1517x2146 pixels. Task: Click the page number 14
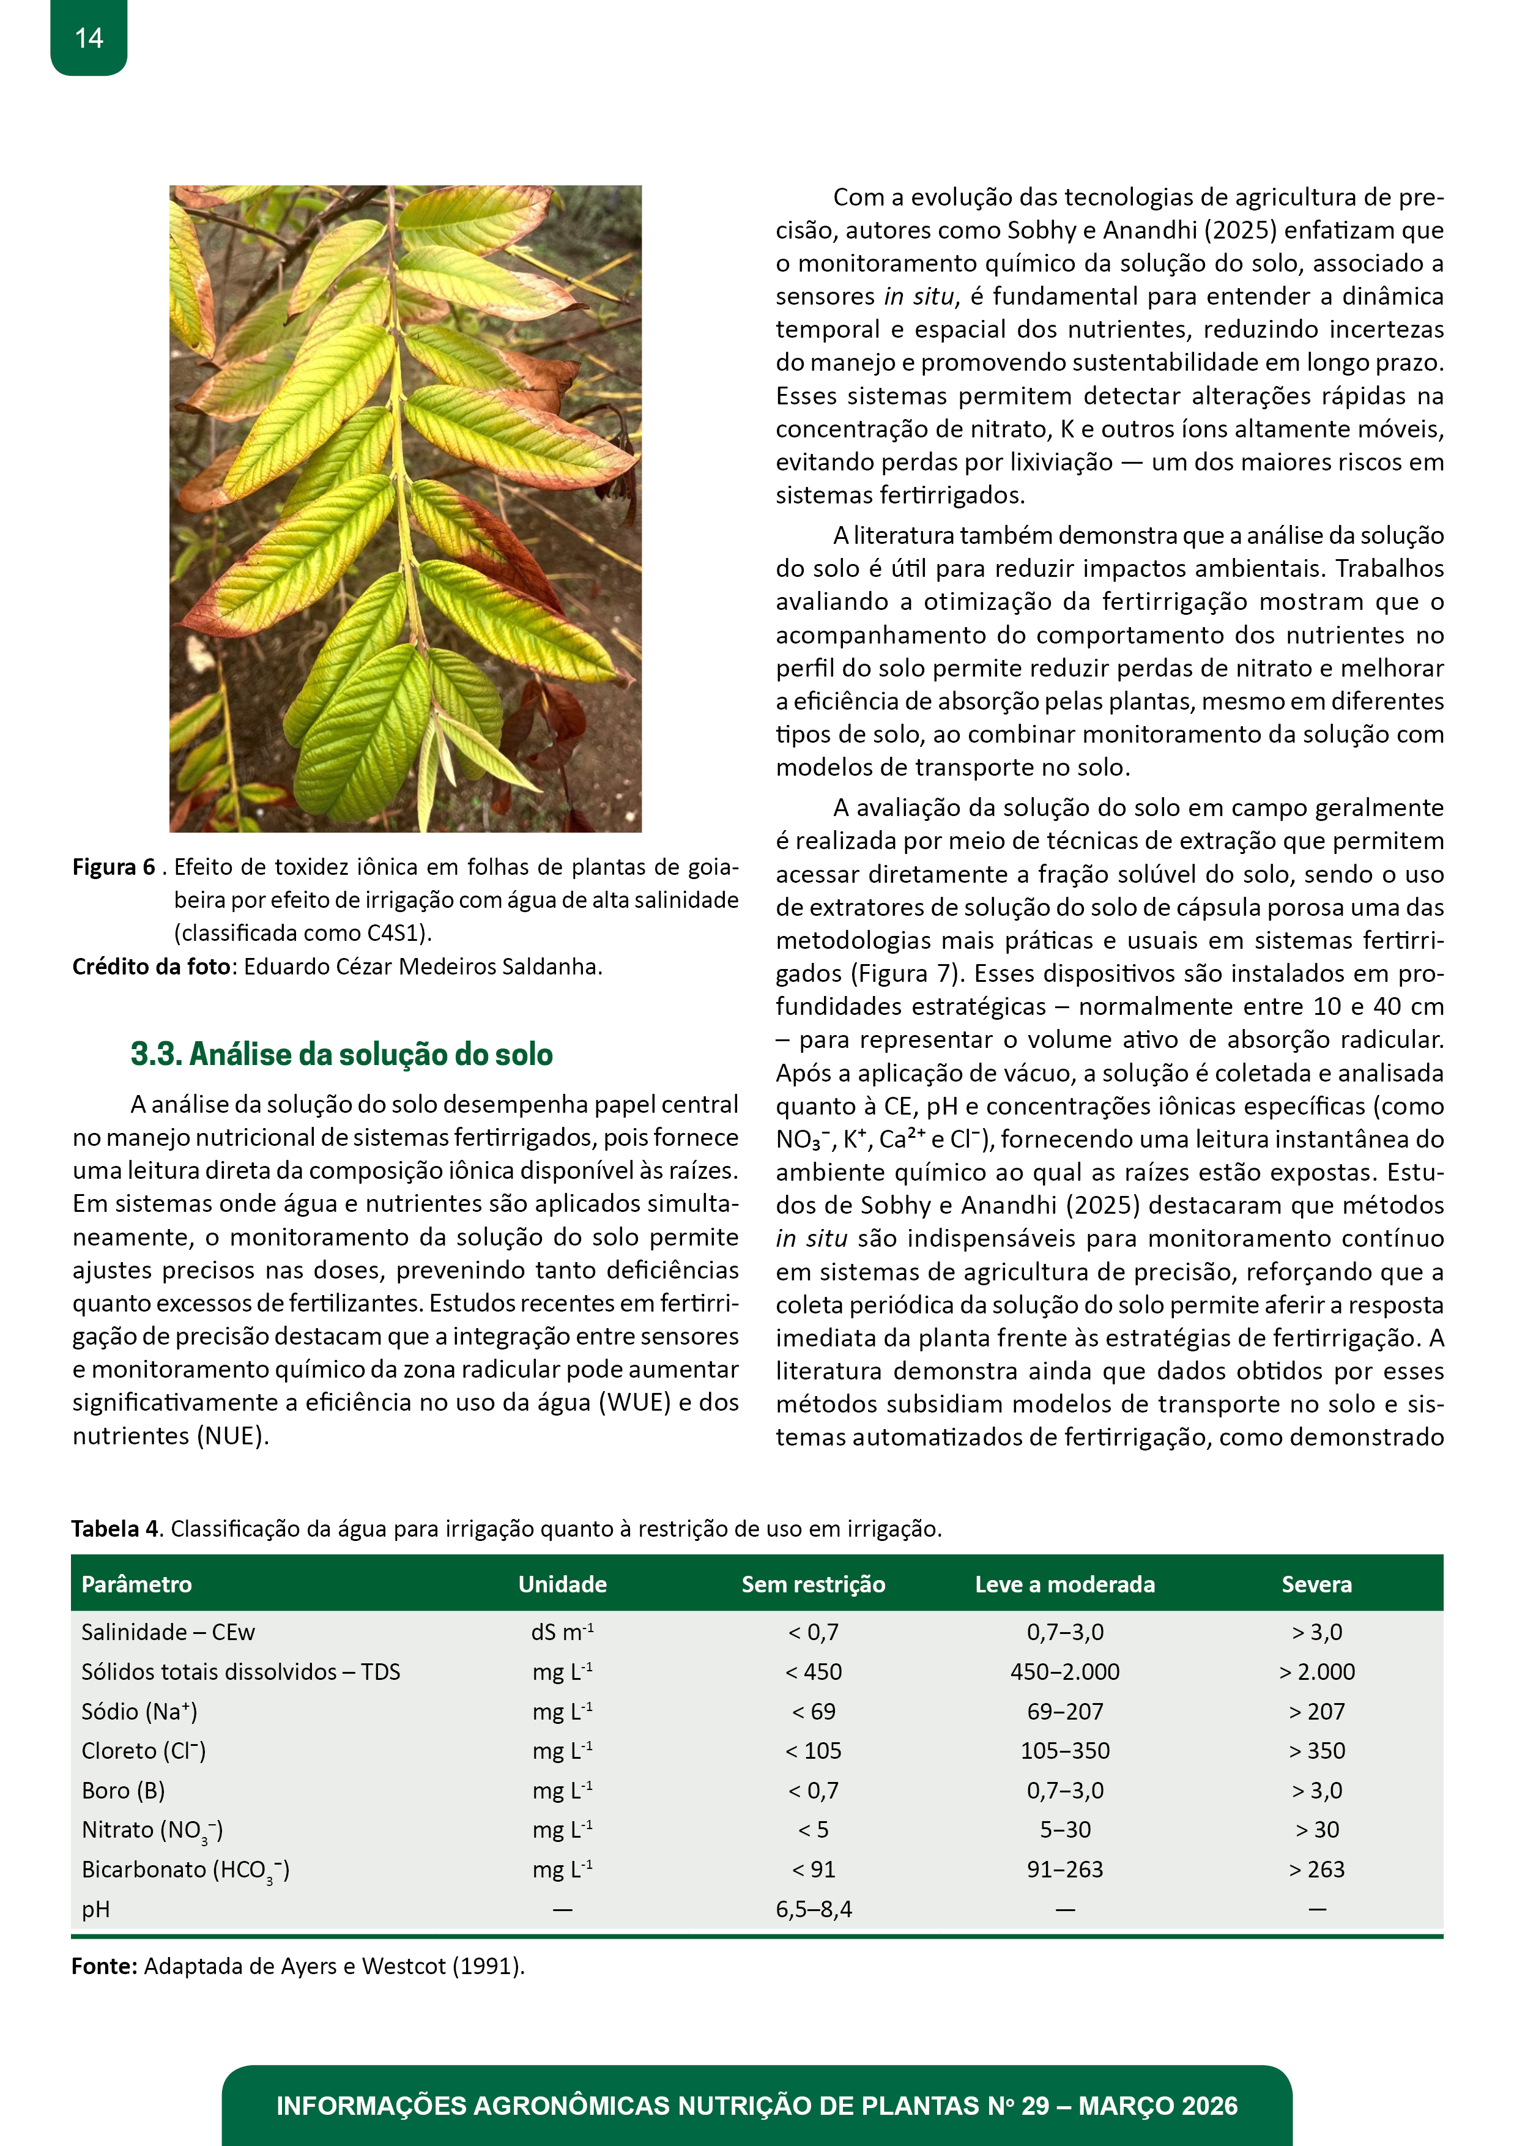pyautogui.click(x=89, y=39)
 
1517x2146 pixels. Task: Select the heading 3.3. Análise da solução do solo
pyautogui.click(x=341, y=1054)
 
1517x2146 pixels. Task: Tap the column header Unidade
pyautogui.click(x=563, y=1584)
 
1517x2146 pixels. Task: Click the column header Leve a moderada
pyautogui.click(x=1064, y=1584)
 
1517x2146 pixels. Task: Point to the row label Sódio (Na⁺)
pyautogui.click(x=139, y=1712)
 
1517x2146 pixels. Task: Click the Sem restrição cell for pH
pyautogui.click(x=813, y=1909)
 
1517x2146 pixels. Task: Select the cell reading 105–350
pyautogui.click(x=1064, y=1751)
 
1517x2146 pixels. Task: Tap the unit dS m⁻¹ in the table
pyautogui.click(x=563, y=1632)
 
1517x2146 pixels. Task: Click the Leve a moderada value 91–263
pyautogui.click(x=1064, y=1869)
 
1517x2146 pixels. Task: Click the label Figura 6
pyautogui.click(x=114, y=867)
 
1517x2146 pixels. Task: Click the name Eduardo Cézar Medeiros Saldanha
pyautogui.click(x=423, y=967)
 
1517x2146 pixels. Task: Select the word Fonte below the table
pyautogui.click(x=104, y=1967)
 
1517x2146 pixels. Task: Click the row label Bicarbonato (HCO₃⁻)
pyautogui.click(x=185, y=1870)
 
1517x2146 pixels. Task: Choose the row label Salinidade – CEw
pyautogui.click(x=168, y=1632)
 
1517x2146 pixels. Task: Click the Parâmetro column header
pyautogui.click(x=136, y=1584)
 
